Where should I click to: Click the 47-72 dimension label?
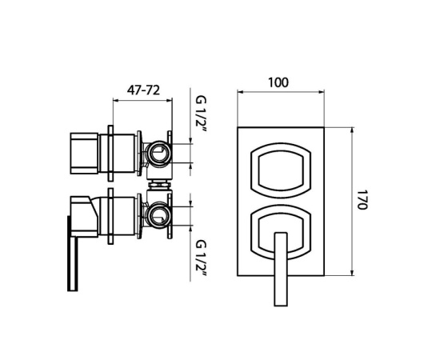pos(143,90)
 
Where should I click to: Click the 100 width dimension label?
pos(278,82)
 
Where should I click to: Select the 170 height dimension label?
pos(362,199)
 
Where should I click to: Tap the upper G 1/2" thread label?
pos(201,114)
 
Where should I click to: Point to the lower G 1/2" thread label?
pos(201,258)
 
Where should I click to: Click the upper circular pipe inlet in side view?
pos(158,154)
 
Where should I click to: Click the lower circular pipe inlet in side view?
pos(158,215)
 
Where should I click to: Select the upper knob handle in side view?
pos(84,154)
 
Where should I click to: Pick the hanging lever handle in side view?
pos(73,254)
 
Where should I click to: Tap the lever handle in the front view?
pos(281,269)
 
